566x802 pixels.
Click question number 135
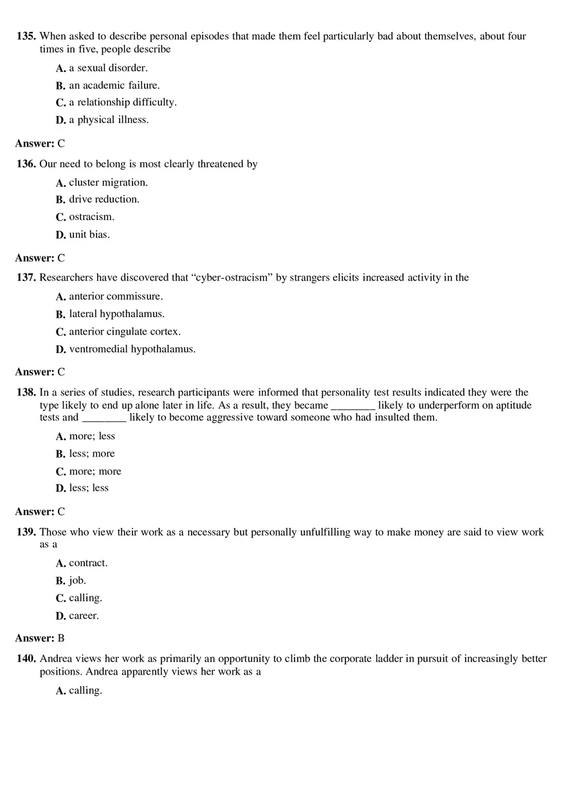point(26,37)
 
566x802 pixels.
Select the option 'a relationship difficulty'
point(122,102)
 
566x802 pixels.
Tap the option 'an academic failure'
point(114,85)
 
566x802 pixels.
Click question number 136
point(26,164)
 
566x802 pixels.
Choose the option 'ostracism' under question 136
point(91,217)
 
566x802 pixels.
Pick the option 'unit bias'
point(89,234)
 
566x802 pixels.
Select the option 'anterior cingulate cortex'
point(125,332)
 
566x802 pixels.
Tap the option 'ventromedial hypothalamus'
point(132,349)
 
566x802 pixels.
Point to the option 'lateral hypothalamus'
point(116,314)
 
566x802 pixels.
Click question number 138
point(26,392)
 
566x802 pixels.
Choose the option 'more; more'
point(95,471)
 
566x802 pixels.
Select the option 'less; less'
point(89,488)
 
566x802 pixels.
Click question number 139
point(26,533)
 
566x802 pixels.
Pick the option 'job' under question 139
point(77,581)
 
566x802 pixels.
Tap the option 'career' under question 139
point(84,616)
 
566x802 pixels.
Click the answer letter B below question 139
point(61,639)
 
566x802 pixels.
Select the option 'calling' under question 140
point(85,691)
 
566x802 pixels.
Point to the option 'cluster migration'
point(108,183)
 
